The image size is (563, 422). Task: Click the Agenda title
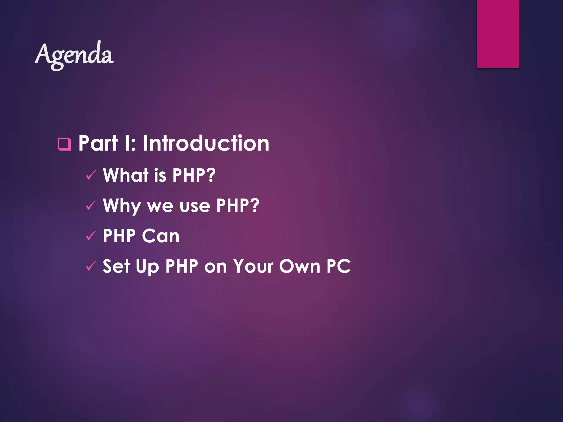pyautogui.click(x=74, y=55)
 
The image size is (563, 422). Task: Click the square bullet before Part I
pyautogui.click(x=64, y=144)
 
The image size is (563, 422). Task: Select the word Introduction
pyautogui.click(x=206, y=143)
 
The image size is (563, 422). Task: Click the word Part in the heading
pyautogui.click(x=98, y=143)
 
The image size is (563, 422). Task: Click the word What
pyautogui.click(x=126, y=175)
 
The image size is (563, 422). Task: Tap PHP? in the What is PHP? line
pyautogui.click(x=194, y=175)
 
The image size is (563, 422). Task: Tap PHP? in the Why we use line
pyautogui.click(x=238, y=205)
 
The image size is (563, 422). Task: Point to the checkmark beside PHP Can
pyautogui.click(x=91, y=236)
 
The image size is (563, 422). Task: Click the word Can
pyautogui.click(x=161, y=236)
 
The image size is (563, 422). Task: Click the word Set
pyautogui.click(x=116, y=266)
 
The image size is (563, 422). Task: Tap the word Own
pyautogui.click(x=300, y=266)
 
